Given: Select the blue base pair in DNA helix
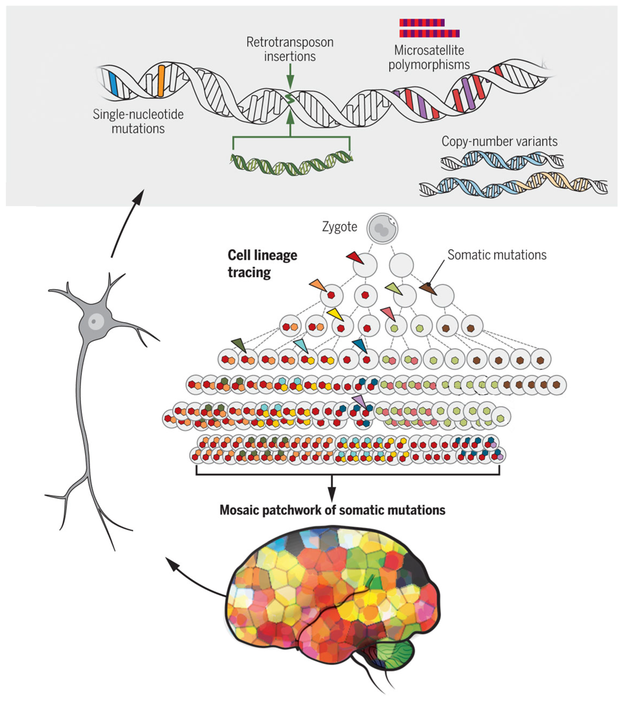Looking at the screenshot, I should pos(114,84).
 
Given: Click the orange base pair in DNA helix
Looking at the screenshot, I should pos(161,81).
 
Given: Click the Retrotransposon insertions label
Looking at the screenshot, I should pos(290,49).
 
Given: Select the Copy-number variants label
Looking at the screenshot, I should pos(499,141).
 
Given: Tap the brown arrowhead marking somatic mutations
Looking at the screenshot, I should pos(428,288).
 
